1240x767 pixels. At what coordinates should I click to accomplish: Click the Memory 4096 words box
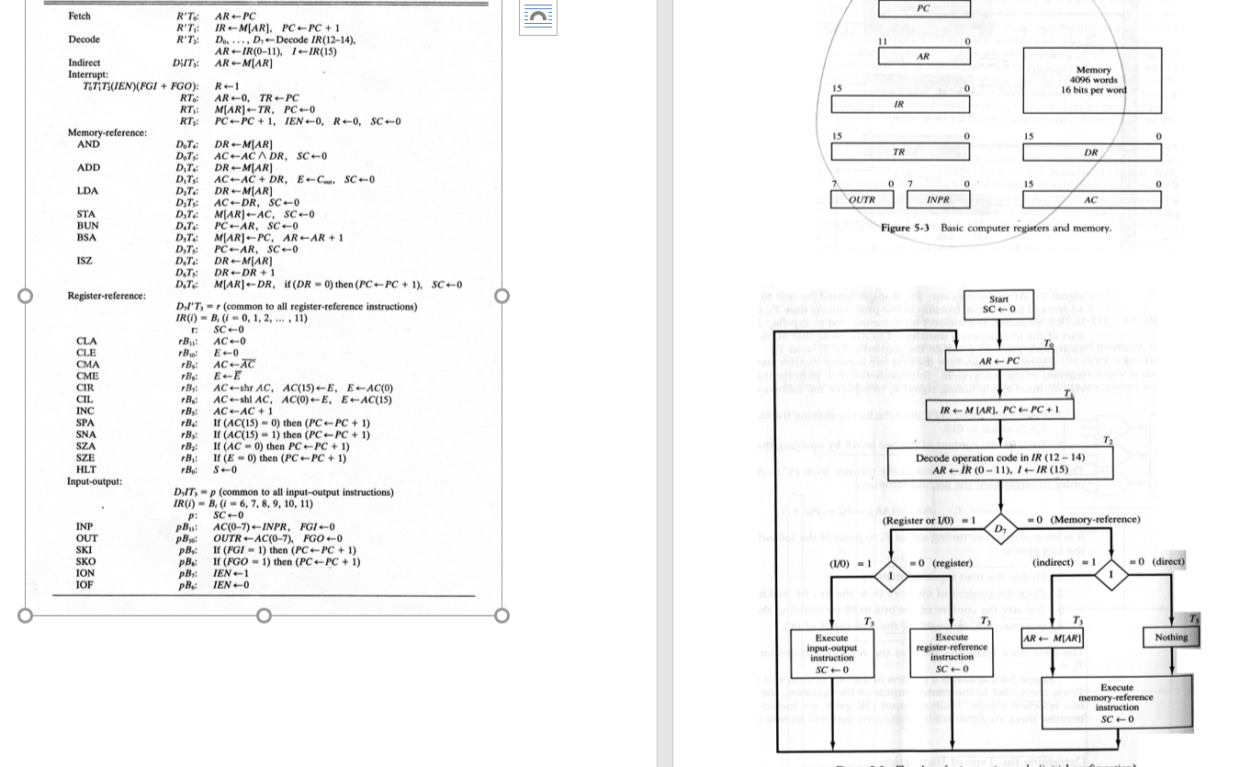pos(1091,81)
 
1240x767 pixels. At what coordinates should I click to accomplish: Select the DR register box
pos(1091,152)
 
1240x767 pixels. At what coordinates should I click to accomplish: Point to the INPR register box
pos(938,199)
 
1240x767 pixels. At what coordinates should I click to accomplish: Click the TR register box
pos(899,152)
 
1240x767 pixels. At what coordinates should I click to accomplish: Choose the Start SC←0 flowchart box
pos(998,304)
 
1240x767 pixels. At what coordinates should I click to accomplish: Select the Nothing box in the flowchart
pos(1171,637)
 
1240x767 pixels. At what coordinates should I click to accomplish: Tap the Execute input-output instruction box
pos(831,652)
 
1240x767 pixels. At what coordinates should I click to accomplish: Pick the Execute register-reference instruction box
pos(952,652)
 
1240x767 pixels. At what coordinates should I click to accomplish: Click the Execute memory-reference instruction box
pos(1117,703)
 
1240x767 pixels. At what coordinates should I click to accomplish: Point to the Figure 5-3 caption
pos(996,228)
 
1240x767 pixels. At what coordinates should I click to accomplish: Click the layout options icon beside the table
pos(538,17)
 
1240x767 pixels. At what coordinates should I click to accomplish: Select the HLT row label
pos(85,469)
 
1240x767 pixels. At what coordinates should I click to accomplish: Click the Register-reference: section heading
pos(107,296)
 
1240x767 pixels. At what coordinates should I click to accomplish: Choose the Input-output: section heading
pos(95,481)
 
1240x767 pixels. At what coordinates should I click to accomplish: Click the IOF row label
pos(85,584)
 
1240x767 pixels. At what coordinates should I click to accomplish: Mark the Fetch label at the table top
pos(79,17)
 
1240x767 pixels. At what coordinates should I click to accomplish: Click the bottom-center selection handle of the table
pos(264,615)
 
